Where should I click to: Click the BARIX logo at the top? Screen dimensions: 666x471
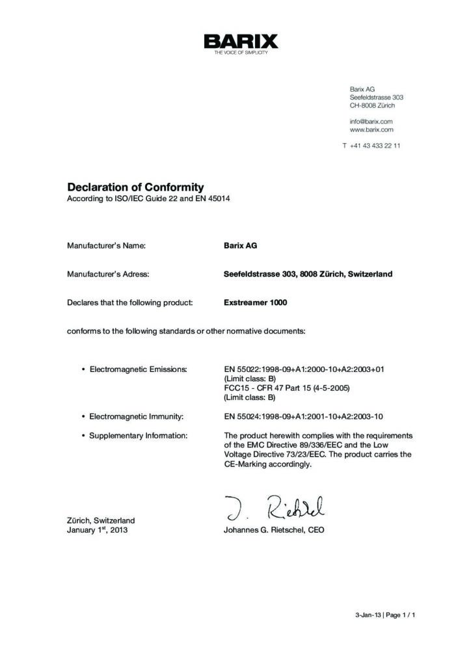[240, 43]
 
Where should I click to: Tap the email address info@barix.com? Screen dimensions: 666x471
[371, 121]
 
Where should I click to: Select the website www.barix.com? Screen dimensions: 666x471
[371, 129]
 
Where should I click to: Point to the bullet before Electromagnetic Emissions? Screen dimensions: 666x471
[83, 369]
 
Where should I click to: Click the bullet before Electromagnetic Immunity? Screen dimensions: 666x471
[83, 415]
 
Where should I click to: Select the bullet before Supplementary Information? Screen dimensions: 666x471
[83, 435]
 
